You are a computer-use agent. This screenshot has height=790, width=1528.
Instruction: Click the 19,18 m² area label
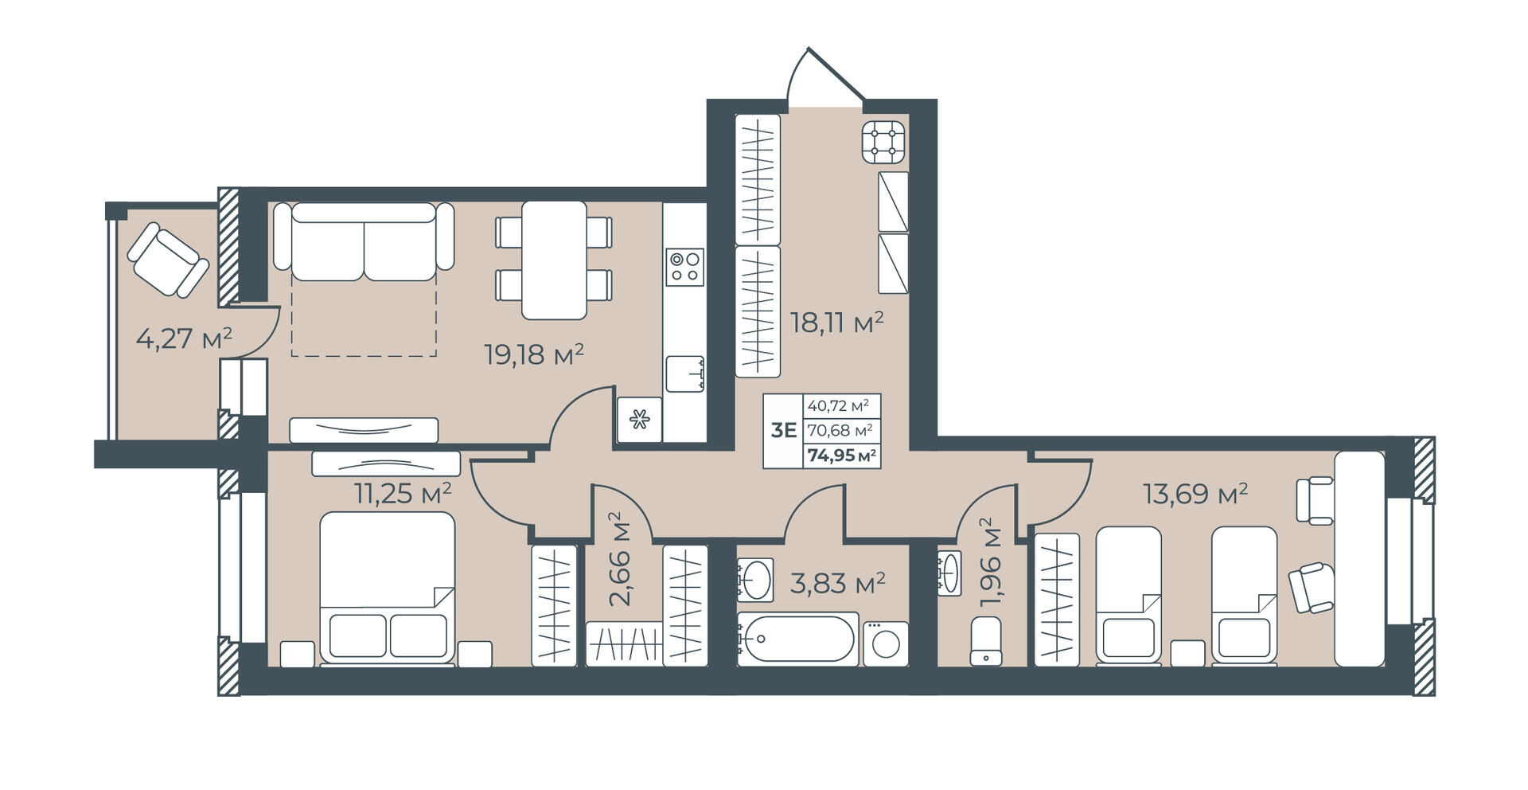tap(534, 354)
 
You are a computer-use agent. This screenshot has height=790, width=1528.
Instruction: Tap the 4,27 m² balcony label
tap(184, 338)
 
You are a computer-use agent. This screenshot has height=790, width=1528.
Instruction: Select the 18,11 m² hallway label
tap(837, 323)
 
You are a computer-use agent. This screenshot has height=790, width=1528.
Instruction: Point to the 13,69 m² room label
tap(1195, 494)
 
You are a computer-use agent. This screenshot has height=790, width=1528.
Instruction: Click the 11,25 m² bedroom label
tap(403, 494)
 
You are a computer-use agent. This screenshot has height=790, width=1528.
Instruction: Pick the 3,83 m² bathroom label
tap(838, 584)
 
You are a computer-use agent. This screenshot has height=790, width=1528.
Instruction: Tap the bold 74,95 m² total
tap(842, 456)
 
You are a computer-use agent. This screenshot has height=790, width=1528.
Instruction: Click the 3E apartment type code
tap(784, 431)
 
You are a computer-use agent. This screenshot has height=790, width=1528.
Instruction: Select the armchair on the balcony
tap(168, 259)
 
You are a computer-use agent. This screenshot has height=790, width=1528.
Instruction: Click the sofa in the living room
tap(364, 241)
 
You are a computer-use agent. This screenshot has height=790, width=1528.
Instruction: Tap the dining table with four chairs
tap(554, 260)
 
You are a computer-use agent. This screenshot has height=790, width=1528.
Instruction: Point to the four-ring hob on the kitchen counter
tap(684, 267)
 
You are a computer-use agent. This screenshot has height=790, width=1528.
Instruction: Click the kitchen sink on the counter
tap(685, 373)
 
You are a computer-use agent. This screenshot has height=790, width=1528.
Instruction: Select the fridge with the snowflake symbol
tap(640, 420)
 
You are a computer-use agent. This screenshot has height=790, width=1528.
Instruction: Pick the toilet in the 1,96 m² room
tap(986, 641)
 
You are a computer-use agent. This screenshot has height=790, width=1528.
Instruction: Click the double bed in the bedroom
tap(388, 587)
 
